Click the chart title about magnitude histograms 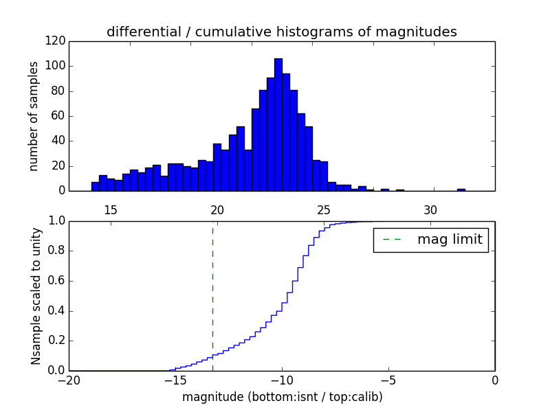point(281,32)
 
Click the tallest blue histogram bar point(278,125)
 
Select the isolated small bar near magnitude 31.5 point(461,190)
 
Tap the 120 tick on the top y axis point(56,41)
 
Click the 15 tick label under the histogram point(111,209)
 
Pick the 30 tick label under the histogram point(430,209)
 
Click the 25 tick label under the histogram point(324,209)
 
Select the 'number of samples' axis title point(34,116)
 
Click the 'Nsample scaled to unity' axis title point(36,296)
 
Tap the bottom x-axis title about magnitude point(282,397)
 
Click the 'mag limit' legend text point(450,240)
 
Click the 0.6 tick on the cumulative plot point(54,281)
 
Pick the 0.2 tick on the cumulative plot point(54,341)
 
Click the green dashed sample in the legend point(392,240)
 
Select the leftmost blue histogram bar point(95,186)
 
